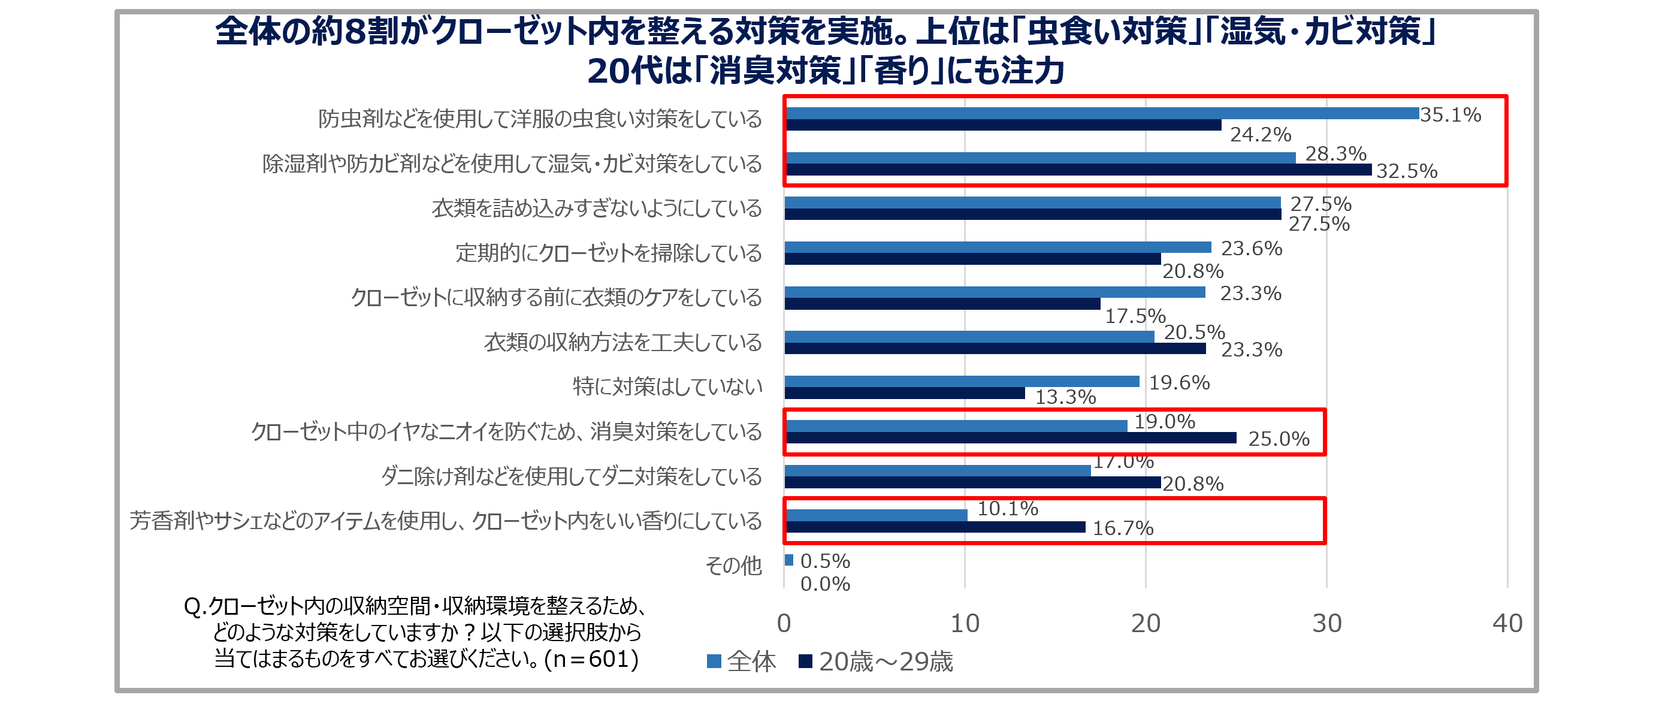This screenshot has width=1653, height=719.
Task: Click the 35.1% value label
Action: (1450, 115)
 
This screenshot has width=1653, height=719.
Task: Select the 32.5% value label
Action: (1407, 171)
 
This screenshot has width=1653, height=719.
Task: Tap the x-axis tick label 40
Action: (1507, 623)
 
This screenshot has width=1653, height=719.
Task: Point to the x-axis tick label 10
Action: (965, 623)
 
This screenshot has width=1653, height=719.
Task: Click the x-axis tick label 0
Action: (784, 623)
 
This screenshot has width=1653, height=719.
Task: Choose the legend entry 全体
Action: (742, 661)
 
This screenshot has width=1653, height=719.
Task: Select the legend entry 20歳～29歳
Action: (877, 661)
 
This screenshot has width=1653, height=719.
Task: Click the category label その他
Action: (733, 566)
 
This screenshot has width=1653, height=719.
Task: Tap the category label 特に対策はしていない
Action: (667, 386)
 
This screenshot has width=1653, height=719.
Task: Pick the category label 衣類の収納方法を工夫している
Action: (622, 342)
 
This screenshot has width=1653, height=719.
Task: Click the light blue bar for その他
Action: (788, 560)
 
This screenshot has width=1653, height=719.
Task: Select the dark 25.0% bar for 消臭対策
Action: (1011, 438)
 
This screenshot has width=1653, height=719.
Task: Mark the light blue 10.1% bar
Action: (876, 515)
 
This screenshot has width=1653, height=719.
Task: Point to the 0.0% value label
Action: (825, 584)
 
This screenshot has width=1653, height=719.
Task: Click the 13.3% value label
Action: (1065, 397)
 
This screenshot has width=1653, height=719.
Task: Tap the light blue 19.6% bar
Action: (961, 381)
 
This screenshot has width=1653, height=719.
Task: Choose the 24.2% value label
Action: (1261, 135)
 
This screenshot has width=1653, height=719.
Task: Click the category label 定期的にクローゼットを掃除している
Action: (608, 253)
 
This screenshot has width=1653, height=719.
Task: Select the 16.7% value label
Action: (1123, 528)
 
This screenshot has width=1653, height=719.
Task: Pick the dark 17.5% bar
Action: (942, 304)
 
